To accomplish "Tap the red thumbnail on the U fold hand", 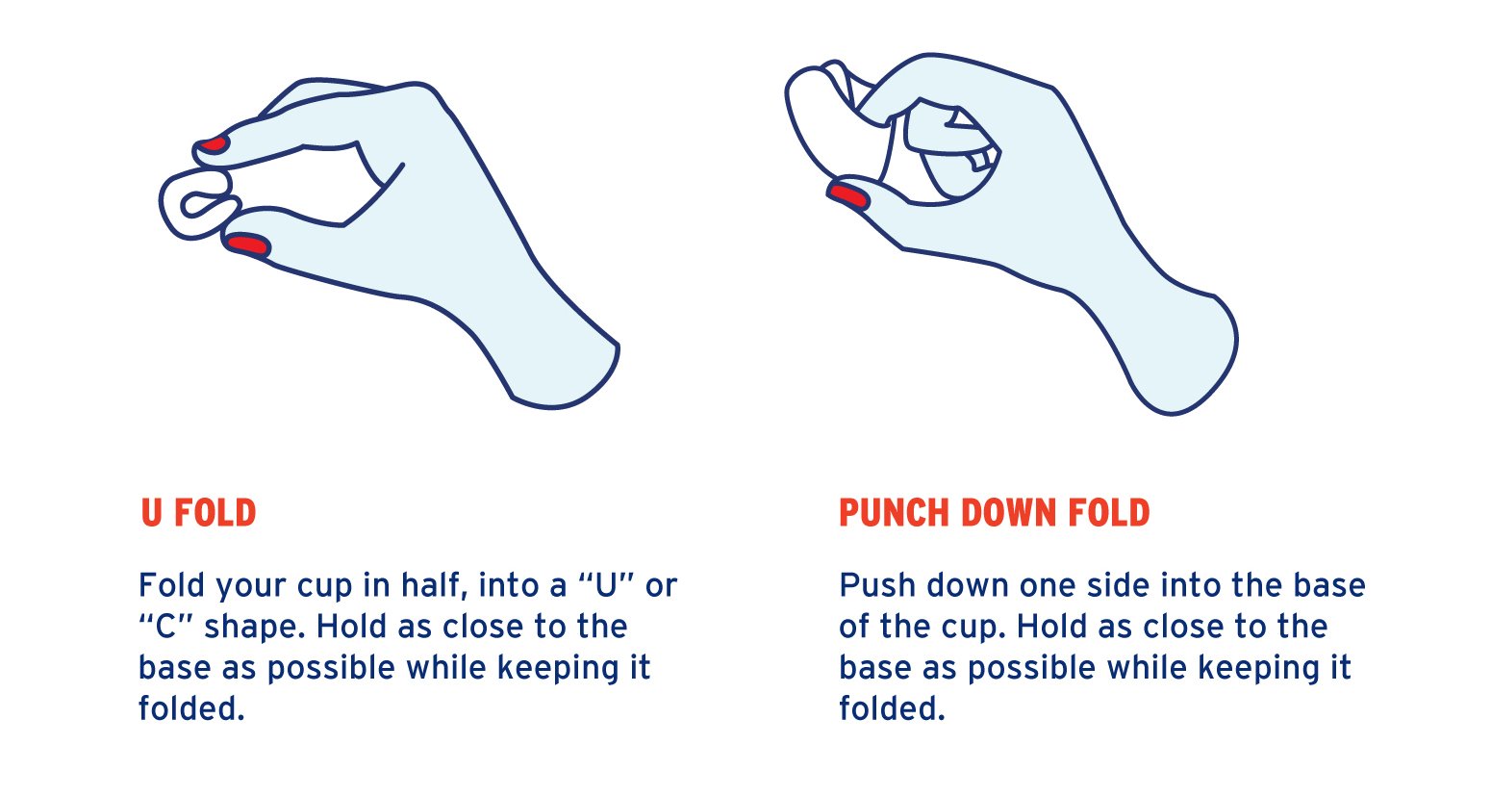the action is pos(247,244).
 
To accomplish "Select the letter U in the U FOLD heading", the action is pos(151,513).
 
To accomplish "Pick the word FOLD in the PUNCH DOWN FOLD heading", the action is pos(1109,513).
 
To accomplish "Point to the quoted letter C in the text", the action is pos(164,627).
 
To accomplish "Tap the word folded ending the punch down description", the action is pos(892,708).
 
